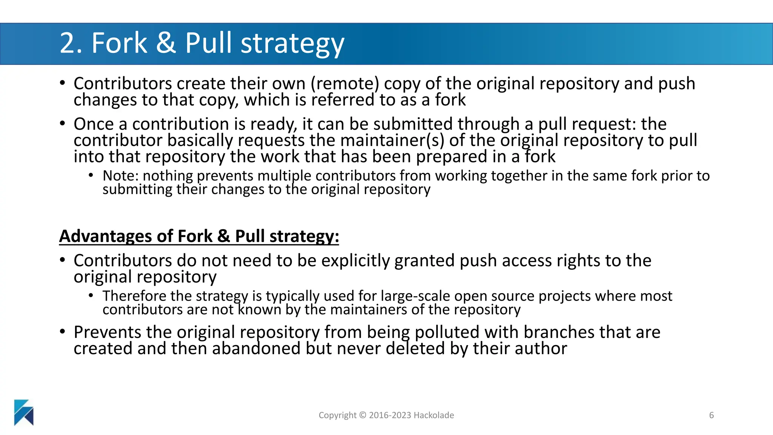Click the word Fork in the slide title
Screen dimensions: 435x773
119,43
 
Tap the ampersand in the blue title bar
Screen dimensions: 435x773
166,43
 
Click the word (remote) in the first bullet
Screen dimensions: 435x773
345,83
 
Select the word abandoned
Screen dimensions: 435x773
256,349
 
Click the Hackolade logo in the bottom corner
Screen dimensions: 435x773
24,412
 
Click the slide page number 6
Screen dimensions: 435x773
711,415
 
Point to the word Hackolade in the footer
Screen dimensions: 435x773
434,415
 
